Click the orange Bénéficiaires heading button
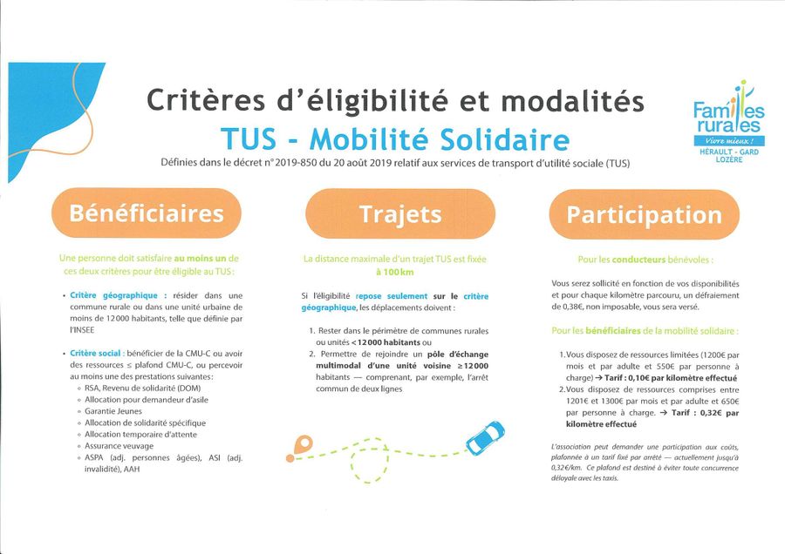tap(147, 213)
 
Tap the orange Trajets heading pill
tap(400, 214)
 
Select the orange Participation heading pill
tap(645, 215)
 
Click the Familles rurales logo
tap(728, 121)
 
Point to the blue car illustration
tap(485, 437)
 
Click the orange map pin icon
tap(303, 444)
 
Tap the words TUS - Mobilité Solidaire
tap(395, 139)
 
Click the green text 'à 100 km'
tap(395, 272)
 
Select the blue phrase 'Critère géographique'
tap(113, 295)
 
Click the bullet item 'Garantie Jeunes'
tap(113, 411)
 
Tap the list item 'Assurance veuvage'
tap(119, 446)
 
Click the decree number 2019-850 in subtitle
tap(296, 163)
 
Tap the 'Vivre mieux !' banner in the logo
tap(728, 141)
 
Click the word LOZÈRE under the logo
tap(729, 159)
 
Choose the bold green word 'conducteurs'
tap(638, 260)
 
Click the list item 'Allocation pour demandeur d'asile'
tap(147, 400)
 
